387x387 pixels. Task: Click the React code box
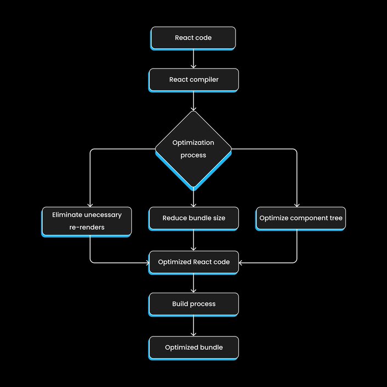[193, 38]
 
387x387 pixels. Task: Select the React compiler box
[193, 80]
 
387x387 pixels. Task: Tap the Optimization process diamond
[193, 150]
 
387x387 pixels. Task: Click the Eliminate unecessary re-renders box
[86, 221]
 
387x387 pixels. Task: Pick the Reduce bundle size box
[193, 218]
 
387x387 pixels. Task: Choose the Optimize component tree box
[300, 218]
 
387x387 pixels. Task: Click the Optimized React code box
[193, 262]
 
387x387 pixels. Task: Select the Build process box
[193, 304]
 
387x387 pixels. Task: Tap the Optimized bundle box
[193, 347]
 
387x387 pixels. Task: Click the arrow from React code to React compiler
[193, 59]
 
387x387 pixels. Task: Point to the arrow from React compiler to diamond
[193, 101]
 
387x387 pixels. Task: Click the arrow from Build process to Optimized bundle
[193, 326]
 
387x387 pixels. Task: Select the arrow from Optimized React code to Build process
[193, 283]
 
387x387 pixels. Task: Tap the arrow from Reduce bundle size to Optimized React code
[193, 240]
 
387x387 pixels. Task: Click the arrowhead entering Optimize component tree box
[297, 205]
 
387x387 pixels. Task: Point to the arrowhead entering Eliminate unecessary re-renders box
[90, 205]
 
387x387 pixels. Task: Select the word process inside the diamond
[193, 155]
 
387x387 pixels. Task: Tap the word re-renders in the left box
[87, 227]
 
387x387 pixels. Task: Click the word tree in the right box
[336, 218]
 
